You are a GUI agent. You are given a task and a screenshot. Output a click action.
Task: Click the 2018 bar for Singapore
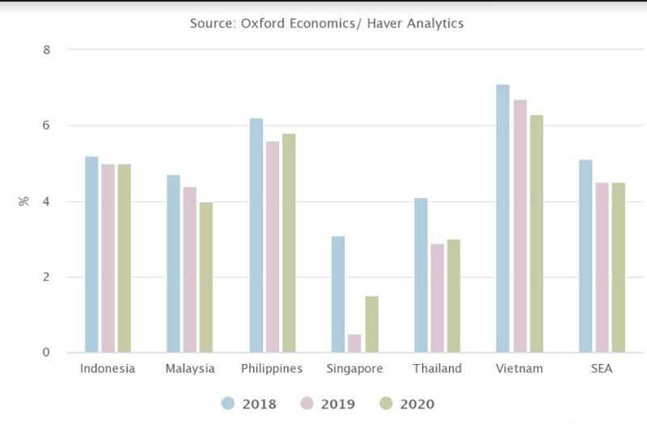(338, 295)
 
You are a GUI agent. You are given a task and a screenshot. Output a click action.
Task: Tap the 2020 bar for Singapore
(372, 324)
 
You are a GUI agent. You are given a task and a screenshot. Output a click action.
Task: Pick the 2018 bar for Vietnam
(503, 218)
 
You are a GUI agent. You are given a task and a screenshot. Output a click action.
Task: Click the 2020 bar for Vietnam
(536, 234)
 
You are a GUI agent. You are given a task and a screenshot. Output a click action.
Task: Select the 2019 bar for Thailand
(438, 298)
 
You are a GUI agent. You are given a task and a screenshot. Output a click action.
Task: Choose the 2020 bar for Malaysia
(206, 278)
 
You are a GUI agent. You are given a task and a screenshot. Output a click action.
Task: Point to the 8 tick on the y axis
(47, 49)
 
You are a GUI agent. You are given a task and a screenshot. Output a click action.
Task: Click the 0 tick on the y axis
(47, 353)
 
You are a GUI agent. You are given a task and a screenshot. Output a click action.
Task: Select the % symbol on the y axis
(23, 201)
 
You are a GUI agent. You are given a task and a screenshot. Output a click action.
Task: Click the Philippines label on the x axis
(272, 369)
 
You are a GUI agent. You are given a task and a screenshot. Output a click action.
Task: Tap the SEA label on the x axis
(602, 369)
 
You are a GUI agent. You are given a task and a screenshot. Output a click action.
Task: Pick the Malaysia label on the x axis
(189, 369)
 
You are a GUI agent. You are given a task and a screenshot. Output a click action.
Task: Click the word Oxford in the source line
(263, 23)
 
